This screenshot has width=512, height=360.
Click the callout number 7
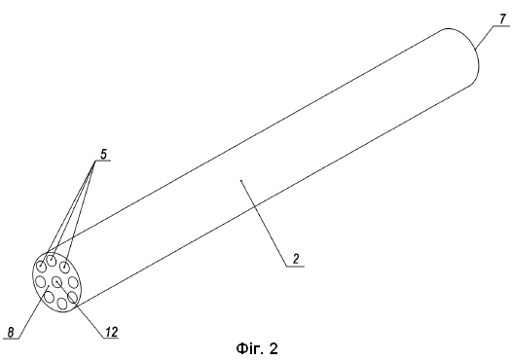pos(503,18)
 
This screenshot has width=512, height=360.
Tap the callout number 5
pos(103,154)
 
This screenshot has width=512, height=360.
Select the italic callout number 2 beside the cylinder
pos(296,259)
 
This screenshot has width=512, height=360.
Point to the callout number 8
pos(11,333)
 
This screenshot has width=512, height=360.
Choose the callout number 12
pos(111,332)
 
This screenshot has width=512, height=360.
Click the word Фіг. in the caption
pos(249,349)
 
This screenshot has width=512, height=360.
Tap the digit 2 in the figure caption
pos(274,349)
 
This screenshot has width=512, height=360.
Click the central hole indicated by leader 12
pos(57,281)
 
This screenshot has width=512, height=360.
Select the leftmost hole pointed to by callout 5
pos(42,266)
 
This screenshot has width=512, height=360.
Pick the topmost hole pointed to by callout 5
pos(52,261)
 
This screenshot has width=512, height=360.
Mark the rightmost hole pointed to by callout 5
pos(65,267)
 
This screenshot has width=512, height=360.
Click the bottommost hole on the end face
pos(61,304)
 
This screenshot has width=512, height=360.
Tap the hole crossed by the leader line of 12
pos(72,298)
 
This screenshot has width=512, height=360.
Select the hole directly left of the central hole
pos(40,281)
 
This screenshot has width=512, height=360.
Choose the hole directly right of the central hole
pos(73,282)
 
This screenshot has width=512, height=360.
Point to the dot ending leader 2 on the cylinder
pos(241,180)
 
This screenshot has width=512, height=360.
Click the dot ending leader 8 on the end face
pos(49,286)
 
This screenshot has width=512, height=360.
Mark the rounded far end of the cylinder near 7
pos(479,62)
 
